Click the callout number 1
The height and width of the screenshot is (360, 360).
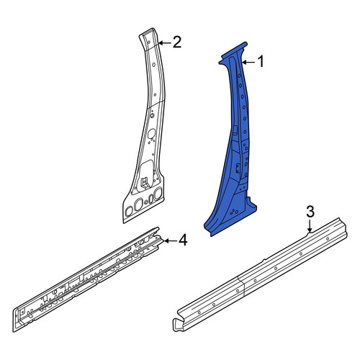[x=261, y=61]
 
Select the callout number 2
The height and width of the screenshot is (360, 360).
[x=176, y=42]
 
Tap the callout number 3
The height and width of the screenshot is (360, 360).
[x=310, y=212]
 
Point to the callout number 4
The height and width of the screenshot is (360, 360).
[x=183, y=240]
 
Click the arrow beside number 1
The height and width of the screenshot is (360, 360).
[x=248, y=63]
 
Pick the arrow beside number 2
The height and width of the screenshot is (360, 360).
[x=164, y=43]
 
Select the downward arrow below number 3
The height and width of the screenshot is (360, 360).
[x=310, y=226]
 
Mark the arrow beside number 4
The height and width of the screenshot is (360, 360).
[x=170, y=240]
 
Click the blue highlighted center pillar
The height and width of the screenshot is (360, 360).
[x=236, y=144]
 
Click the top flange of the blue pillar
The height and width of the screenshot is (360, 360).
[x=233, y=53]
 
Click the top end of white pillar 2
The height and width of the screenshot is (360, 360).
[x=147, y=32]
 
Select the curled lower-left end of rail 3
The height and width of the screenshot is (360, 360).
[x=178, y=325]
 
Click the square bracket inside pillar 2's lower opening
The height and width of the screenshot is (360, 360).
[x=145, y=181]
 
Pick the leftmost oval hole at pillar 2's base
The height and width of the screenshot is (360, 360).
[x=129, y=211]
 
